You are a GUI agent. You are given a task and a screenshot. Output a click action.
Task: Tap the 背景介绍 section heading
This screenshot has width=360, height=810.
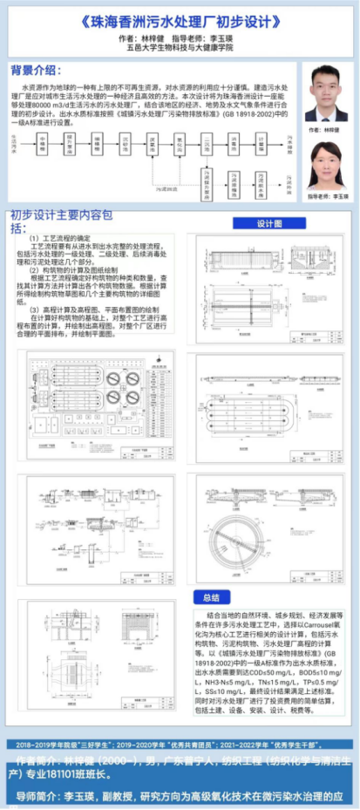point(36,70)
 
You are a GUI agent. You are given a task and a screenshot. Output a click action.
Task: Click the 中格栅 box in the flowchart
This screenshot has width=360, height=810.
point(42,140)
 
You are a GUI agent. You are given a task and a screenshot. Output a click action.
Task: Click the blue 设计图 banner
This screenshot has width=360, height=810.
point(269,224)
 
